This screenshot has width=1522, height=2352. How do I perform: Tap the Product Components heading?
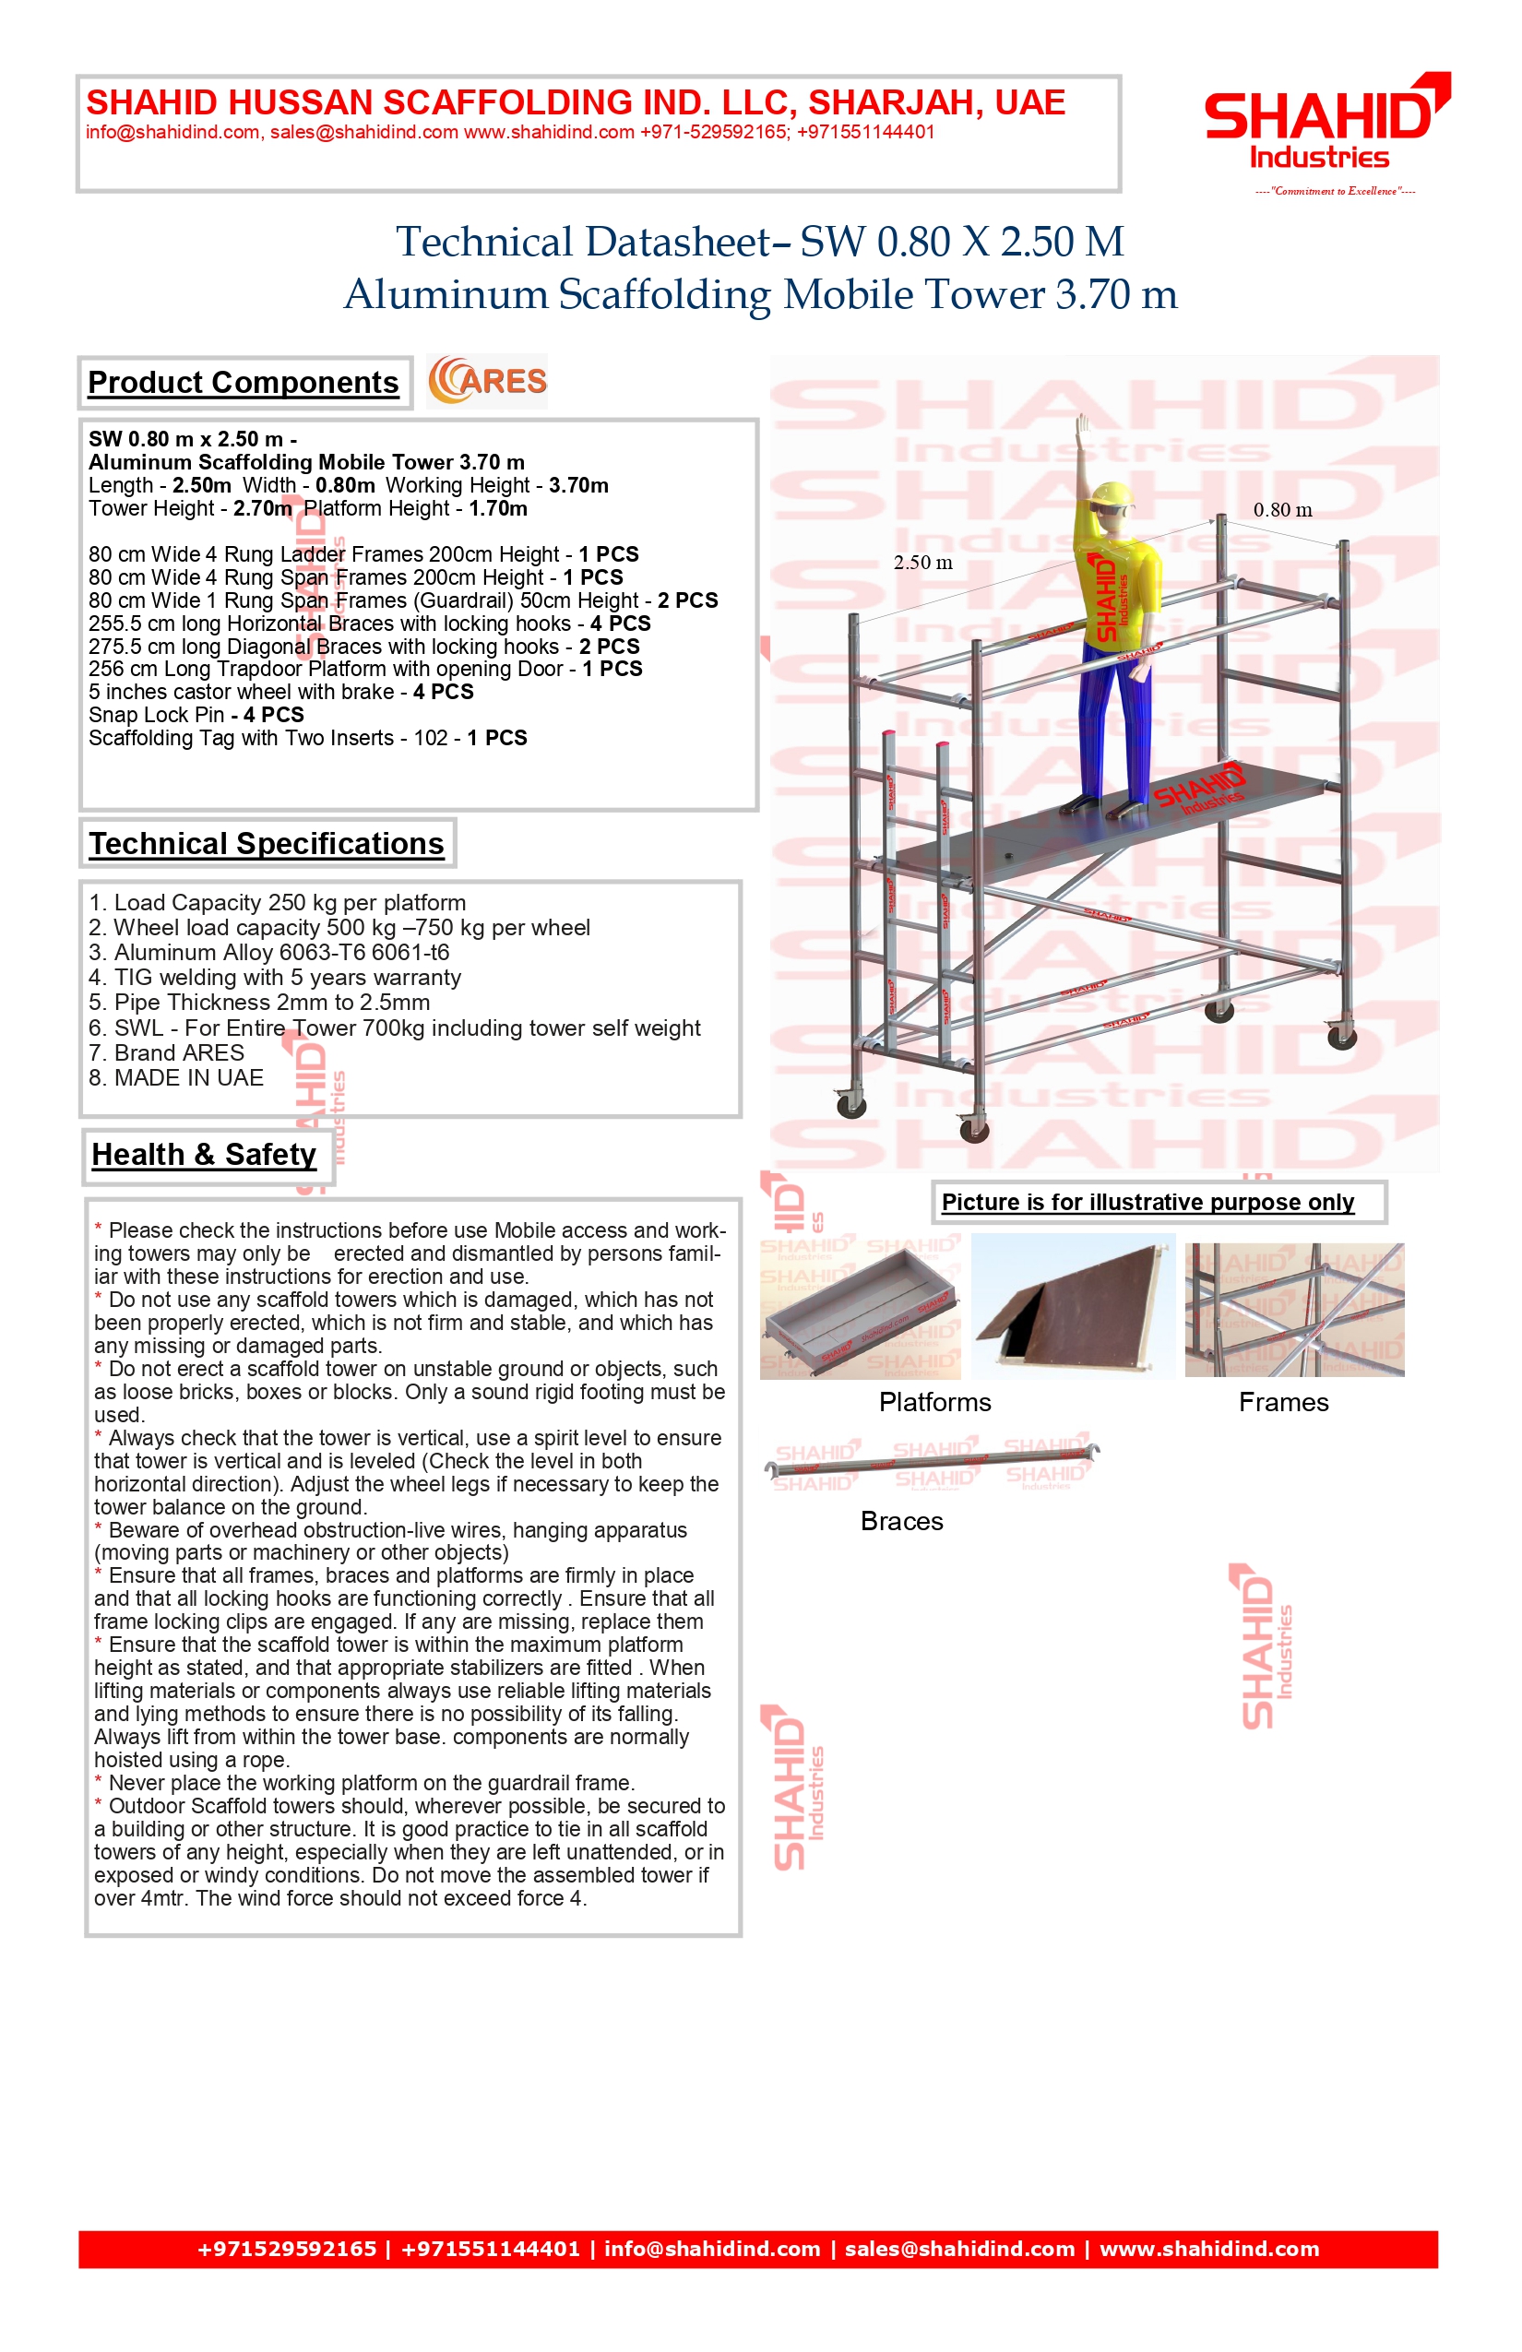pyautogui.click(x=244, y=383)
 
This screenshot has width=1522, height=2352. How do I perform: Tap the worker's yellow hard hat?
pyautogui.click(x=1112, y=493)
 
